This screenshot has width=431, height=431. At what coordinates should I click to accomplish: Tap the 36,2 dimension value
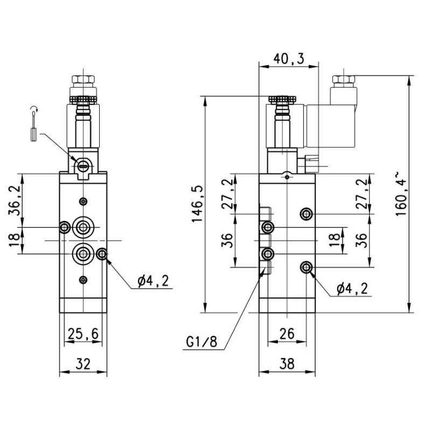pos(15,200)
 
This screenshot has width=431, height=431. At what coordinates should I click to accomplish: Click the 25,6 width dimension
pos(82,335)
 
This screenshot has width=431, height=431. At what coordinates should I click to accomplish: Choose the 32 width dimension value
pos(82,364)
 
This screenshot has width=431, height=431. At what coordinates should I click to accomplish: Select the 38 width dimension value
pos(287,364)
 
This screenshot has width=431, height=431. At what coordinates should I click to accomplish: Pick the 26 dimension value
pos(287,335)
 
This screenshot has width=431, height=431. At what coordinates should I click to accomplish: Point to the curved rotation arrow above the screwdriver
pos(34,112)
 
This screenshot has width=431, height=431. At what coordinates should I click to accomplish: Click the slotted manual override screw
pos(82,166)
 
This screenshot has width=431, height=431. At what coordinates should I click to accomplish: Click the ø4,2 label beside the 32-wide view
pos(153,281)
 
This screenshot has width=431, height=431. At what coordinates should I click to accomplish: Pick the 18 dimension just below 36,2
pos(15,240)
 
